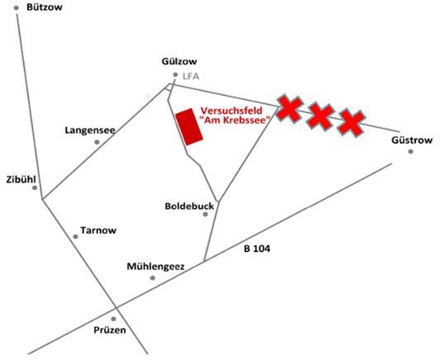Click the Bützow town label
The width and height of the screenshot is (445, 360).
(45, 7)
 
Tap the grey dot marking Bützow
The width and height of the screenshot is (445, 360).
(17, 8)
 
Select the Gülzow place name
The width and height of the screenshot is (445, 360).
(179, 61)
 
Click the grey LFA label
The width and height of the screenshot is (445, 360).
(191, 76)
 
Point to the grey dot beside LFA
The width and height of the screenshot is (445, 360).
(175, 74)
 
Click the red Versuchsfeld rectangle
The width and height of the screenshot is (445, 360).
(189, 126)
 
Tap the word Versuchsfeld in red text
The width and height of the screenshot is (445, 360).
(231, 111)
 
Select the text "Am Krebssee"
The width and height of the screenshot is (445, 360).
(234, 120)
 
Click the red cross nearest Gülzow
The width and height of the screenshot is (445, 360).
(289, 109)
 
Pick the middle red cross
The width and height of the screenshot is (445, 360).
(320, 116)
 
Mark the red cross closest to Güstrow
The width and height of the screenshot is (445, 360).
(351, 123)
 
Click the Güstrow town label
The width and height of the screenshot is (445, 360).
(412, 140)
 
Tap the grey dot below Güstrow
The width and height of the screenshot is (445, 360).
(410, 152)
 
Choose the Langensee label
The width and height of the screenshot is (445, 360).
(90, 130)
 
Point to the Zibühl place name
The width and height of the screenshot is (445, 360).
(21, 179)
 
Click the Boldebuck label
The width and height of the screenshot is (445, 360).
(189, 206)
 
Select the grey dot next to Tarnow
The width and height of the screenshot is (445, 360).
(75, 236)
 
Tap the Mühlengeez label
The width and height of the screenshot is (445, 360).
(155, 267)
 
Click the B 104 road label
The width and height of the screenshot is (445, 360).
(257, 249)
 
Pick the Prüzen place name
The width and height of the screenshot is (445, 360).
(110, 330)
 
